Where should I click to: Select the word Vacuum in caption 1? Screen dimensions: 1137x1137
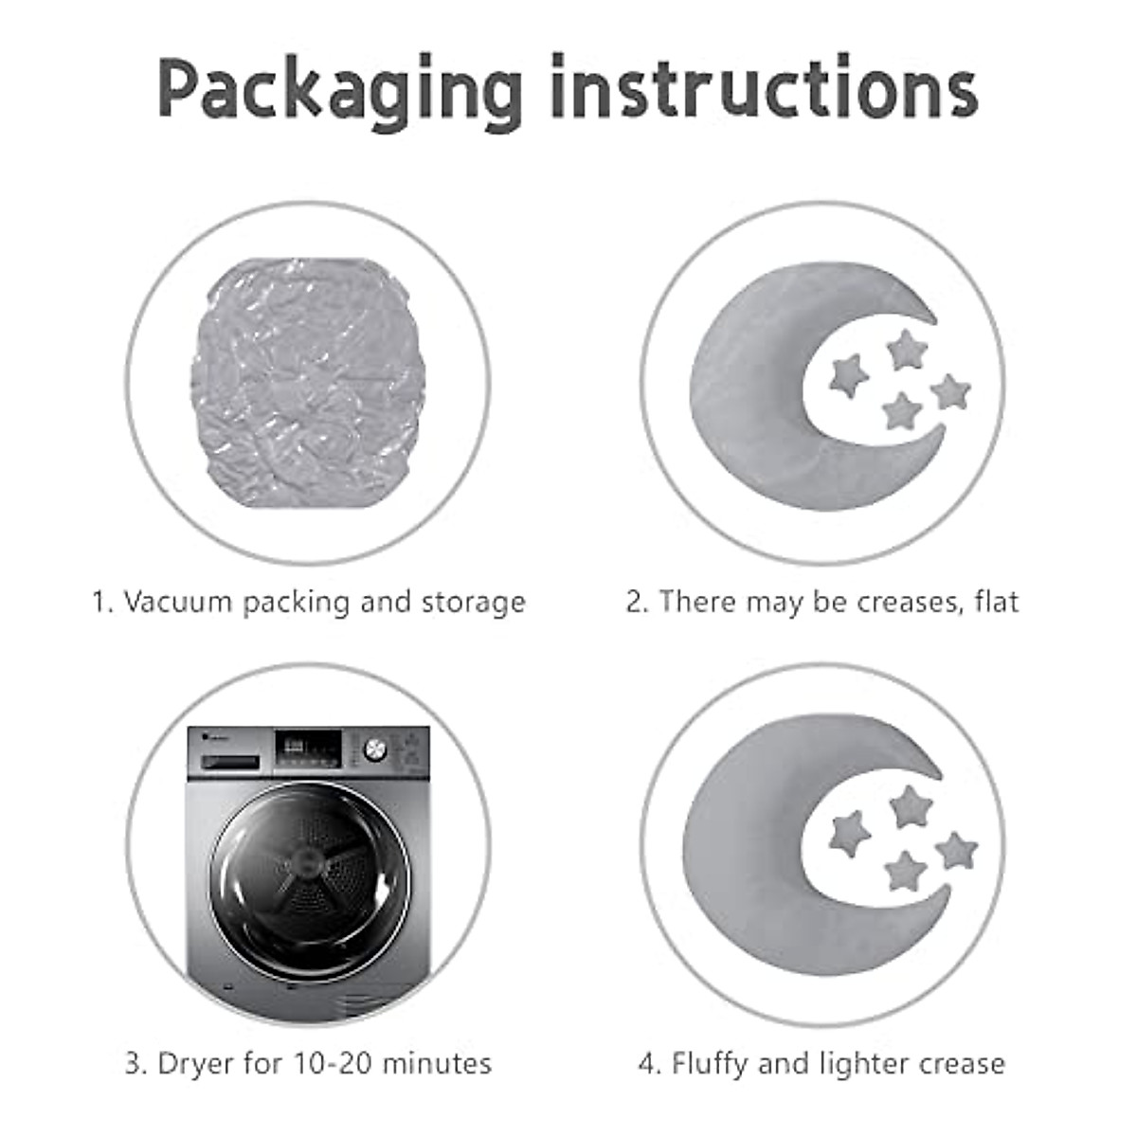point(177,603)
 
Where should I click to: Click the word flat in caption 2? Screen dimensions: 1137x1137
point(997,602)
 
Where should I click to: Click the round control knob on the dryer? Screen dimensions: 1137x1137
point(376,749)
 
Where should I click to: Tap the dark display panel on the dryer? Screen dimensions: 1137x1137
point(308,747)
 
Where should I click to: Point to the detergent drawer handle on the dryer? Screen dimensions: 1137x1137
point(227,761)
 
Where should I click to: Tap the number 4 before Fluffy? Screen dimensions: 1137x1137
point(647,1064)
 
